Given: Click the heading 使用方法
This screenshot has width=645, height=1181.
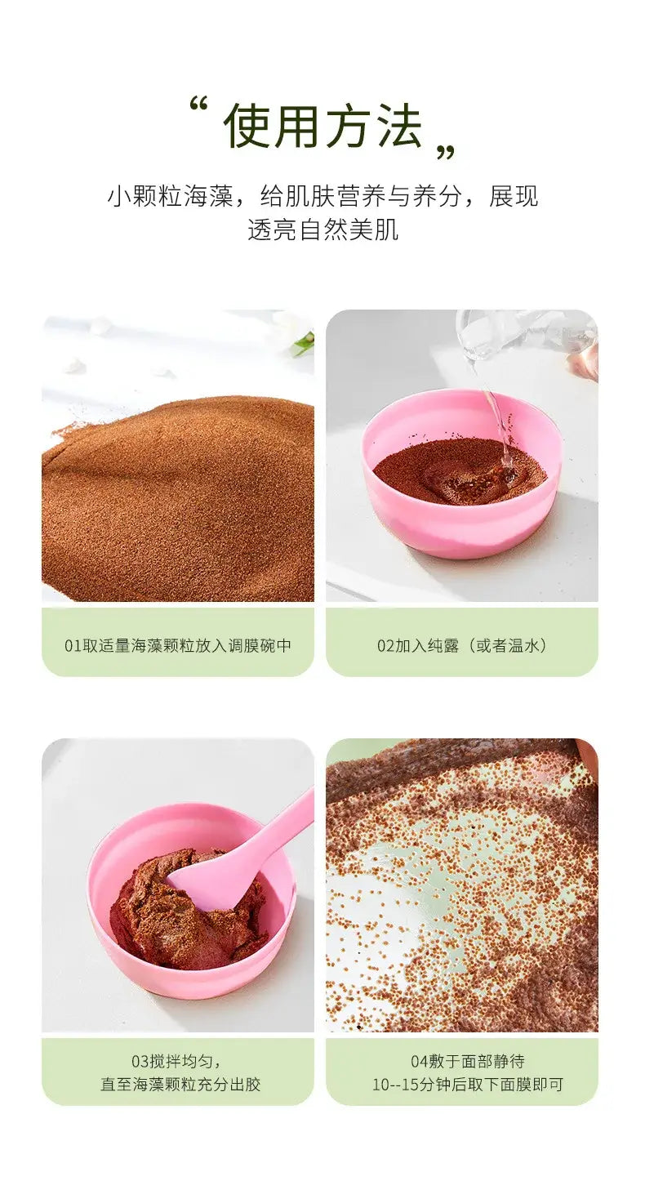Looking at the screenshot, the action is (x=322, y=127).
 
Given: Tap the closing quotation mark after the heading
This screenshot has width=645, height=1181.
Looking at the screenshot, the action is (x=445, y=153).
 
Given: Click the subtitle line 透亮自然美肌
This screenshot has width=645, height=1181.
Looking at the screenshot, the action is (x=322, y=230).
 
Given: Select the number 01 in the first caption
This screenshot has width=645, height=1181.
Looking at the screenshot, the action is (x=73, y=646).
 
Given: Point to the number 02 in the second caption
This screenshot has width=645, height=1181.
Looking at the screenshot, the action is (x=386, y=646).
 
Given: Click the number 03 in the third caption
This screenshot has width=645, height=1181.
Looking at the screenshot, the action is (x=140, y=1061).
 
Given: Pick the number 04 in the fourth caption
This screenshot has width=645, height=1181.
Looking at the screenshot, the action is (x=420, y=1061).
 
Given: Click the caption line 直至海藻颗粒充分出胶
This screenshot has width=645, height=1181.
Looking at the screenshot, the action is (x=180, y=1085).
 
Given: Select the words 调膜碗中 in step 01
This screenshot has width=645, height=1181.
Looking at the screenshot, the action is (x=260, y=646).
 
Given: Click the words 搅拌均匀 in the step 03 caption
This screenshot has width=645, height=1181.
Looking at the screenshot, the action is (x=180, y=1061).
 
